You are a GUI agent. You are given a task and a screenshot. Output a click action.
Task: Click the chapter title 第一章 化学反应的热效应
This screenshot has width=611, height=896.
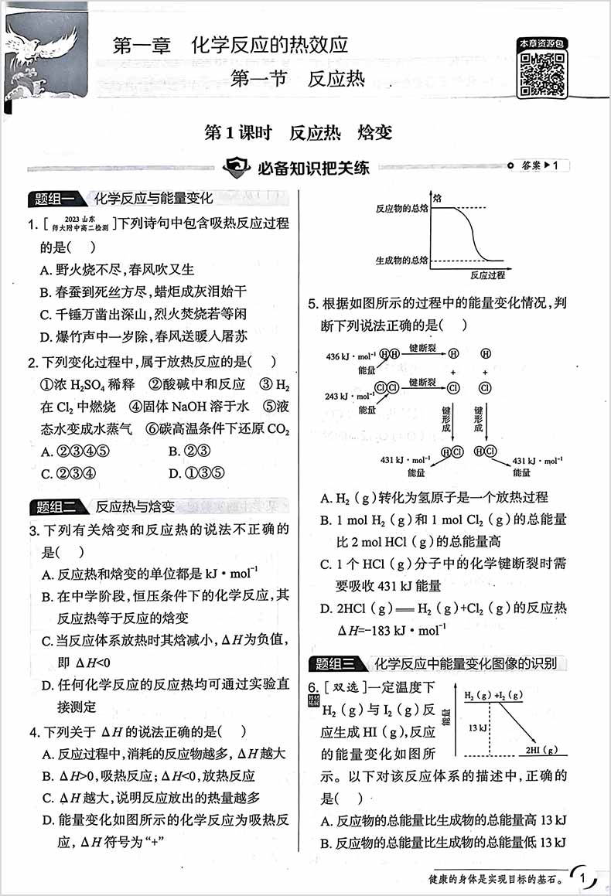(230, 45)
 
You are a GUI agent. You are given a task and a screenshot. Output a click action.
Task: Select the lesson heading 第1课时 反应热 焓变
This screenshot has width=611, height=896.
(298, 132)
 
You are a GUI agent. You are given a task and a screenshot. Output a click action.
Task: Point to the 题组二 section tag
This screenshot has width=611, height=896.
(53, 507)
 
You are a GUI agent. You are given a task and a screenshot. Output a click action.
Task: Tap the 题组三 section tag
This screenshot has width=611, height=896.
(335, 663)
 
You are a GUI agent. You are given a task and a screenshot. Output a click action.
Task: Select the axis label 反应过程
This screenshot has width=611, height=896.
(486, 274)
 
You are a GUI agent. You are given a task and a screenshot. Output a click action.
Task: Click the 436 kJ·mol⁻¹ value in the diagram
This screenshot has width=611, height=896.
(350, 356)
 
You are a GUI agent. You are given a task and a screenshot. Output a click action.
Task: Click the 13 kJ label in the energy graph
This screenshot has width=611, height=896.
(477, 727)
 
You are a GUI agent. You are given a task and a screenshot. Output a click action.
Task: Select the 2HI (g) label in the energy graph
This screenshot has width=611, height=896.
(541, 749)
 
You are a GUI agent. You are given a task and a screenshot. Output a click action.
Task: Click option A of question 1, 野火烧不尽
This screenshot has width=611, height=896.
(118, 269)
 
